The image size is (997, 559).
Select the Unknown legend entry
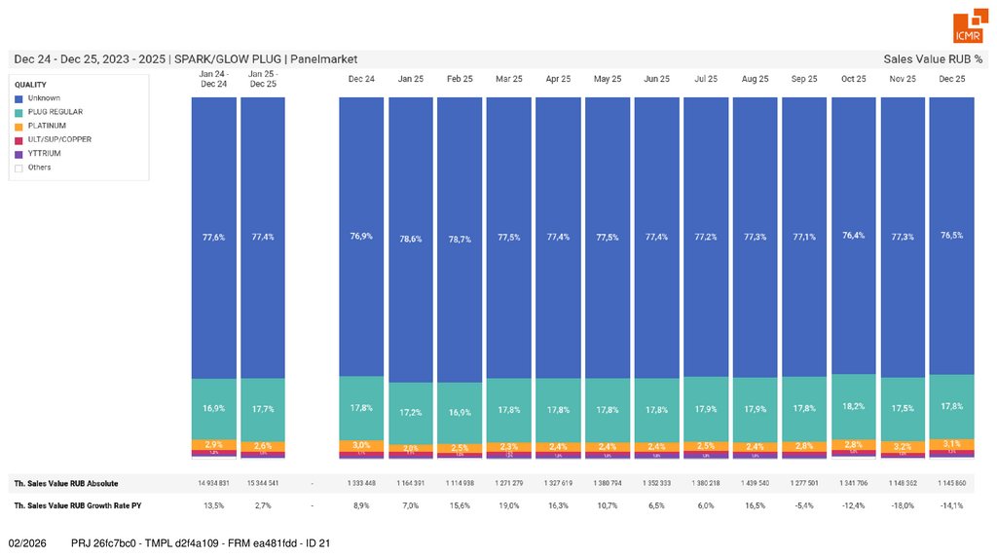click(44, 98)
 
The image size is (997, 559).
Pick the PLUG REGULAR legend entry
click(55, 112)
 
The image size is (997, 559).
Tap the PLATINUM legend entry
click(47, 126)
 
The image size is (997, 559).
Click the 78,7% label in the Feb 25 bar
click(461, 238)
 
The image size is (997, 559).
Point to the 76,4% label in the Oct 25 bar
click(854, 236)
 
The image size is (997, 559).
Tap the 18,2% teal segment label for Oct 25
click(854, 406)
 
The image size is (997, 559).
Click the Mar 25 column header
click(509, 78)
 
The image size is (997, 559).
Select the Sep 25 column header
click(804, 78)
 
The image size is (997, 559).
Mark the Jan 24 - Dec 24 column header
click(213, 78)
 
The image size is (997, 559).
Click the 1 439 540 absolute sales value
click(756, 483)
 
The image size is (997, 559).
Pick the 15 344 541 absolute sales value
click(262, 483)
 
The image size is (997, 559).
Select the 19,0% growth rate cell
click(509, 505)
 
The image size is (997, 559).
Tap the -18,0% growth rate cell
click(903, 505)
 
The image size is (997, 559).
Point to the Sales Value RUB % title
click(932, 58)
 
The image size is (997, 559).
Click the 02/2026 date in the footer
click(28, 542)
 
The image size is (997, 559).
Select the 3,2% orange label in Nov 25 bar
click(903, 446)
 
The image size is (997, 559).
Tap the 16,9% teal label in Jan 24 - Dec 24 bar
click(213, 409)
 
